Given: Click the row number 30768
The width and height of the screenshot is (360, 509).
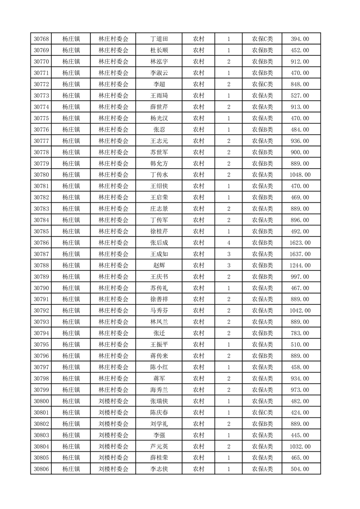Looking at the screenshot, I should tap(41, 39).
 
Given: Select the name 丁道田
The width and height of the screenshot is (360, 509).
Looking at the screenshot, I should tap(159, 39).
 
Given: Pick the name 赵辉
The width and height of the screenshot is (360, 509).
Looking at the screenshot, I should tap(159, 265).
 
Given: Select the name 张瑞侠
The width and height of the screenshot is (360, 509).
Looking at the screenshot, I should tap(159, 401).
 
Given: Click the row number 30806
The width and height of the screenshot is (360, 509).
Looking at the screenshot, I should tap(41, 469).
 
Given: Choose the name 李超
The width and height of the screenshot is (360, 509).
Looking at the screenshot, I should tap(159, 84).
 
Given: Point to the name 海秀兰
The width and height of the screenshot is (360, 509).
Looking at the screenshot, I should tap(159, 390).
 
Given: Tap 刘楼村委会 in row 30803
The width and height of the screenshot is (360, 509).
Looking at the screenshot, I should tap(113, 435).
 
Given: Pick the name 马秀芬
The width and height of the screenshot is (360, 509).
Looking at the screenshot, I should tap(159, 311).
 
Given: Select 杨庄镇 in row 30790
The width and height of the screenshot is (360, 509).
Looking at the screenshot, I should tap(71, 288).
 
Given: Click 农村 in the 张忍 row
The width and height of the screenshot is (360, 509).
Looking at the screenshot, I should tap(198, 130).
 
